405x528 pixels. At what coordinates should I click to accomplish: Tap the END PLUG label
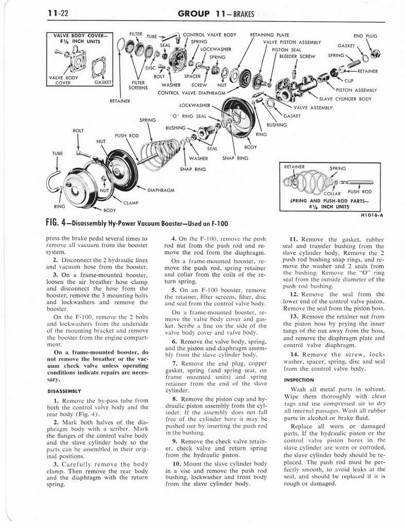click(365, 36)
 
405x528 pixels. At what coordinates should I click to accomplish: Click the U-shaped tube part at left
click(54, 180)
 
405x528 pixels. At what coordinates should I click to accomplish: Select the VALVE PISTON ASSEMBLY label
click(292, 43)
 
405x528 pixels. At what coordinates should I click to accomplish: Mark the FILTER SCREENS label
click(138, 85)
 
